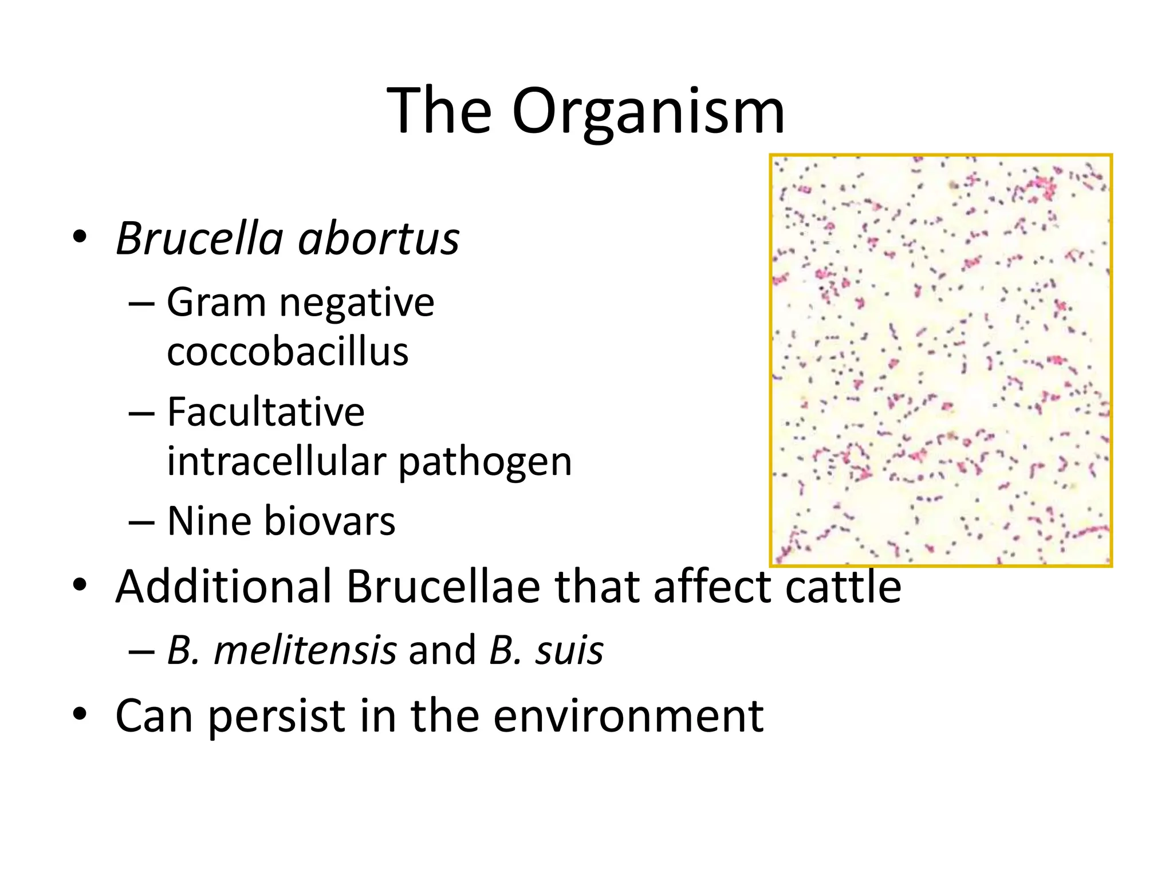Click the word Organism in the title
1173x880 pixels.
(x=648, y=112)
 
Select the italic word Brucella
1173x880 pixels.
(x=200, y=238)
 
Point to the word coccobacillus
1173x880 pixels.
(x=288, y=352)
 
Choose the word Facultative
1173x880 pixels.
(x=266, y=412)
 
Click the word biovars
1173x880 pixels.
(x=329, y=521)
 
